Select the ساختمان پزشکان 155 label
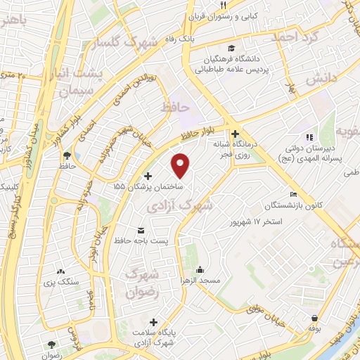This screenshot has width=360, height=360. (148, 188)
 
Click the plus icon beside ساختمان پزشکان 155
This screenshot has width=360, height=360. (147, 176)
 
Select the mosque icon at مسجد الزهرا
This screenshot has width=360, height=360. (200, 269)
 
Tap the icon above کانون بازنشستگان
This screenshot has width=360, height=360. (292, 195)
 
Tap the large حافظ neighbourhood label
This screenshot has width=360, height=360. (175, 108)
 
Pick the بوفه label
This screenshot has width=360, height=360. (314, 328)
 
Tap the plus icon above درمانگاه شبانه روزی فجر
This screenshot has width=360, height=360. (235, 133)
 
